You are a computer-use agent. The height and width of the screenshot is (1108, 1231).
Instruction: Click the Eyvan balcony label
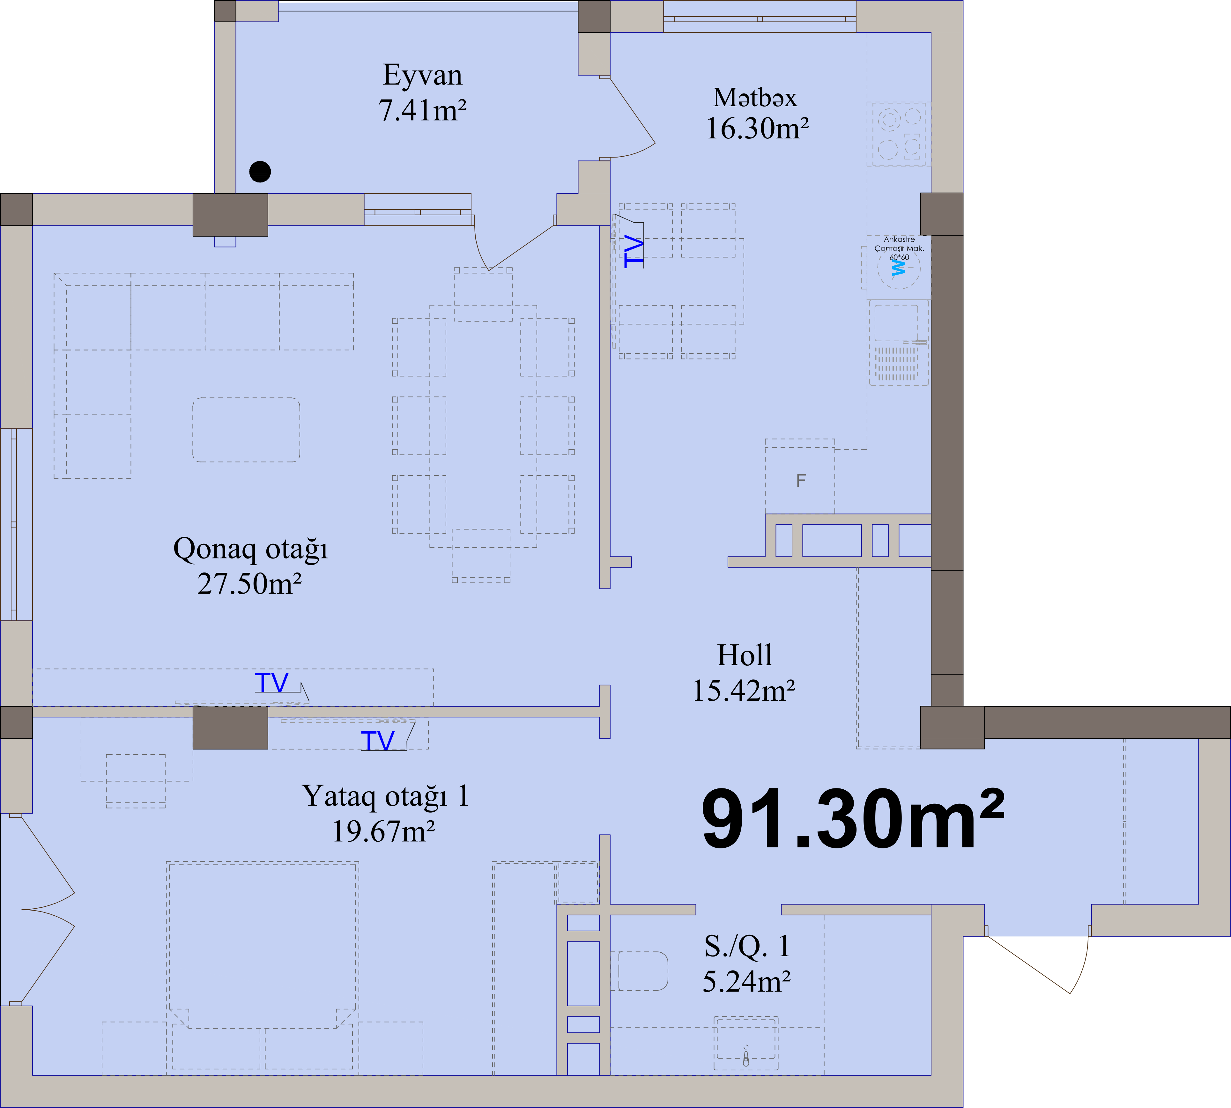[423, 76]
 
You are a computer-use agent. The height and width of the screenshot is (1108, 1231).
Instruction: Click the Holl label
[745, 655]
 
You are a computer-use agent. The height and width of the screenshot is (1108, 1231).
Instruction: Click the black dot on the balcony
[260, 172]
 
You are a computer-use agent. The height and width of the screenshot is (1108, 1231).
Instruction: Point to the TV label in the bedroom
[377, 741]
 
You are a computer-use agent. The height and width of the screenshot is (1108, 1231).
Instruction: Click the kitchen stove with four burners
[899, 133]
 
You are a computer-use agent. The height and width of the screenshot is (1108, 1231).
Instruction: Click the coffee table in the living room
[247, 430]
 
